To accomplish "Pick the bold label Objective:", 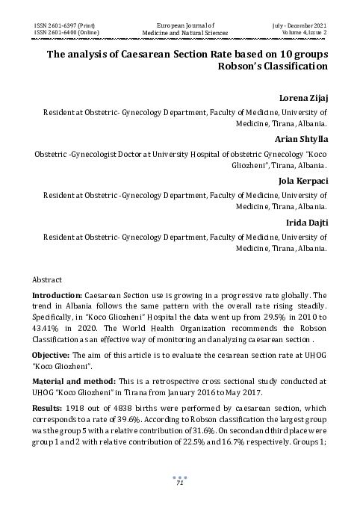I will coord(52,354).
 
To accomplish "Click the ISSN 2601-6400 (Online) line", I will coord(68,33).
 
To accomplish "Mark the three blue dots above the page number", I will coord(179,476).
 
